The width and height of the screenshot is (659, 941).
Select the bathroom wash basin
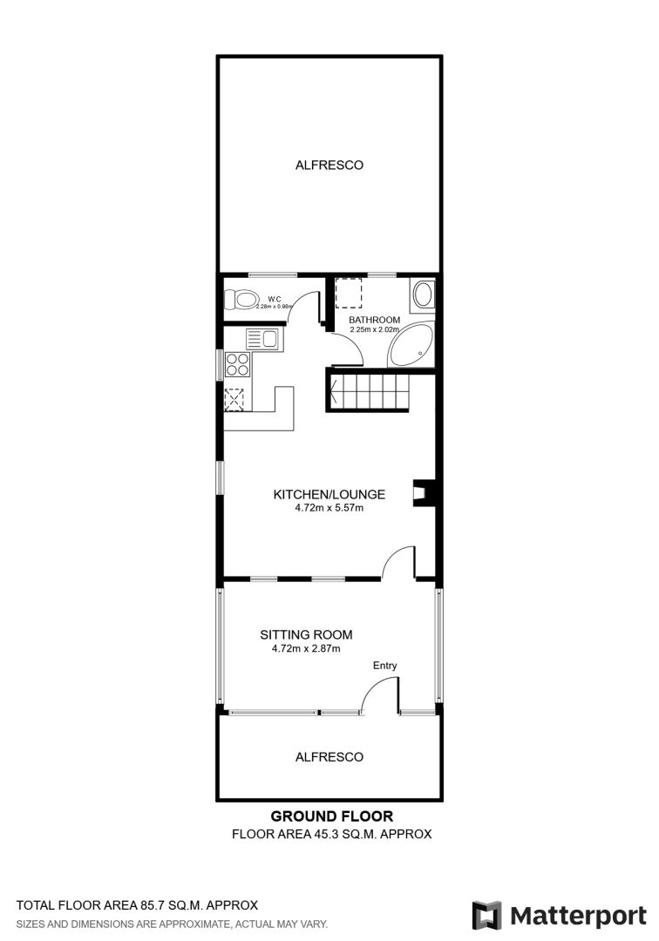423,294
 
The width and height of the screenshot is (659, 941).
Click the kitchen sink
262,340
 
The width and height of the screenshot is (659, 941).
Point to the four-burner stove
237,363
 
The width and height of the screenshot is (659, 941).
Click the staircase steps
367,392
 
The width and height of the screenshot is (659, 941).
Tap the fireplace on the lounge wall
425,493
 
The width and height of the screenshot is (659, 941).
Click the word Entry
384,666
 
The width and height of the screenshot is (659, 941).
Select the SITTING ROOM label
306,634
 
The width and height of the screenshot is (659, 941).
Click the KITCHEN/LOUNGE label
329,495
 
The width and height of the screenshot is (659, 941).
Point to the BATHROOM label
375,320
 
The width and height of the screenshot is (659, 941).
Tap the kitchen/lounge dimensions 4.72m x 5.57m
329,508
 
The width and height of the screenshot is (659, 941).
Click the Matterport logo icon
486,916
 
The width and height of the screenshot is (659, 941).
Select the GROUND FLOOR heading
332,816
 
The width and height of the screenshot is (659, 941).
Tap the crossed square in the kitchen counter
234,400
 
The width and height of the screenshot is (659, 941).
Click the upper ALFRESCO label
329,165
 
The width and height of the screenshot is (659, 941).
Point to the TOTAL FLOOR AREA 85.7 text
137,905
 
